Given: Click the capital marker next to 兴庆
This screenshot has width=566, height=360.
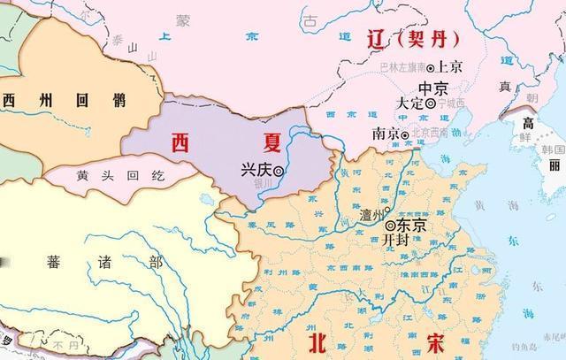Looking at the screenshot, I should [x=278, y=171].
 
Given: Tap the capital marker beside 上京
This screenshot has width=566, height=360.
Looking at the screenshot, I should [x=431, y=67].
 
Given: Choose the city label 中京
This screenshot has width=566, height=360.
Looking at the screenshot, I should [x=433, y=88].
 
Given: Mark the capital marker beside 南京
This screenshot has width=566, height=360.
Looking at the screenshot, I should [x=404, y=134].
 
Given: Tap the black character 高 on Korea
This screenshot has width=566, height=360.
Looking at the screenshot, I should [x=527, y=121].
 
